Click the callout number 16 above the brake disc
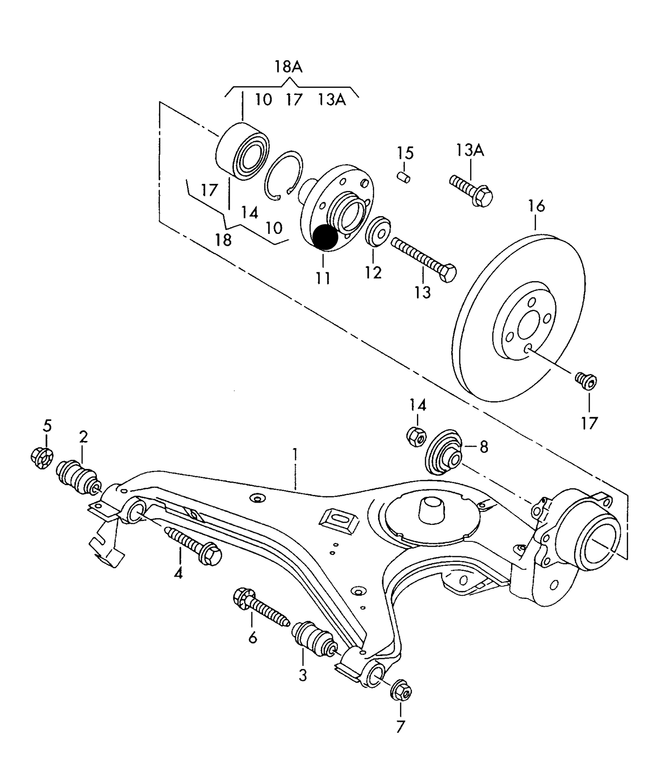(x=537, y=206)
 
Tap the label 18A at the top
(x=288, y=67)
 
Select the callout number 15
(x=405, y=153)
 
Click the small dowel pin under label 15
(x=404, y=177)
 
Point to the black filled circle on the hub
(x=325, y=237)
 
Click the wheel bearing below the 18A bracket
(x=242, y=150)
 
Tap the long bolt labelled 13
(x=424, y=259)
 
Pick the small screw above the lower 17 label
(x=586, y=380)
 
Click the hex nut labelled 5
(x=42, y=457)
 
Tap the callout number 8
(x=484, y=447)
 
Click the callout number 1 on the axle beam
(x=295, y=456)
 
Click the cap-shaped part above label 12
(x=379, y=231)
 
